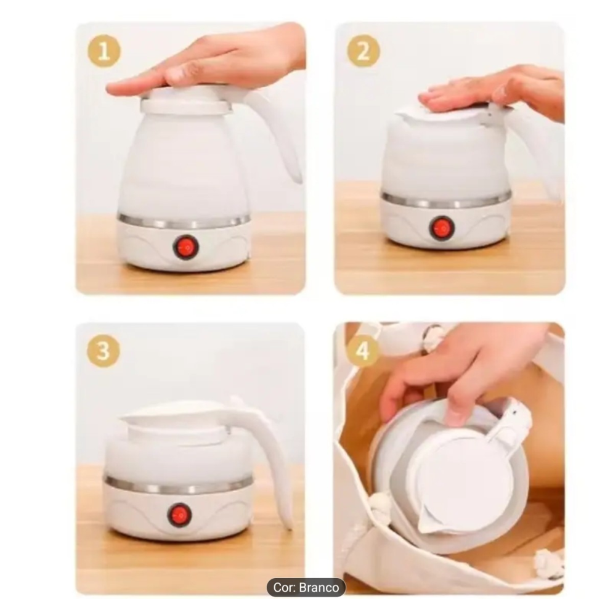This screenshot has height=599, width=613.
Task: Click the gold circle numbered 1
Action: [104, 51]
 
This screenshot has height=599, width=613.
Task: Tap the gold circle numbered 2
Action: [363, 51]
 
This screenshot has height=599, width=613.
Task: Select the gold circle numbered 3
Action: [104, 350]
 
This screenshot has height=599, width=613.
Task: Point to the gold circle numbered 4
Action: [363, 350]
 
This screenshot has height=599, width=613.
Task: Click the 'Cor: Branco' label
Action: [306, 587]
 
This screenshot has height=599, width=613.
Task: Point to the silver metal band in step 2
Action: [445, 200]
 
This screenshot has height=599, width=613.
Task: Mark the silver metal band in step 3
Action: [178, 485]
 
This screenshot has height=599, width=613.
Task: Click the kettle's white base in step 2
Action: [445, 227]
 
